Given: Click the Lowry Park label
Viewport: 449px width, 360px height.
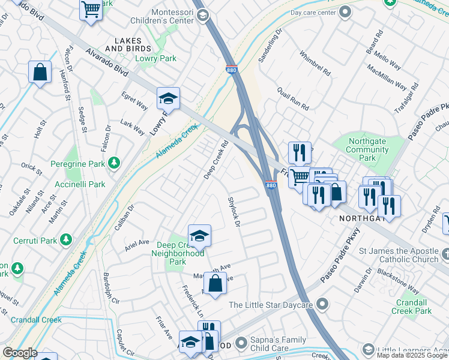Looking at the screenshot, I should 155,59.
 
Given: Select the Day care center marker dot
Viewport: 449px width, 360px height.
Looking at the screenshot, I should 345,12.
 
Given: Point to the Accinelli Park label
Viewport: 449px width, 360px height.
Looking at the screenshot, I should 80,184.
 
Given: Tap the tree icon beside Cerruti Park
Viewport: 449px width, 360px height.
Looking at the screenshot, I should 66,241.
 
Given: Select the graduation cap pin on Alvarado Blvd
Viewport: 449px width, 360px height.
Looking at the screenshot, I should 169,98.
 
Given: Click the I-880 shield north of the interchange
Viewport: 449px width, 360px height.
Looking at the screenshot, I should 232,70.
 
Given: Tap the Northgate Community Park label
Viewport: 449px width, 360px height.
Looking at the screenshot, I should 368,149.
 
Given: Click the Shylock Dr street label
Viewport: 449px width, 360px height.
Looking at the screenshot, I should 234,211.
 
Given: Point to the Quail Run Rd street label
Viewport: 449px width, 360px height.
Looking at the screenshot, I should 292,98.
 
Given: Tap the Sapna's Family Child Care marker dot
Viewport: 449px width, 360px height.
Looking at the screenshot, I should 241,343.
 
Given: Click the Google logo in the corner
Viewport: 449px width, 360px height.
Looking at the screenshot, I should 20,353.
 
